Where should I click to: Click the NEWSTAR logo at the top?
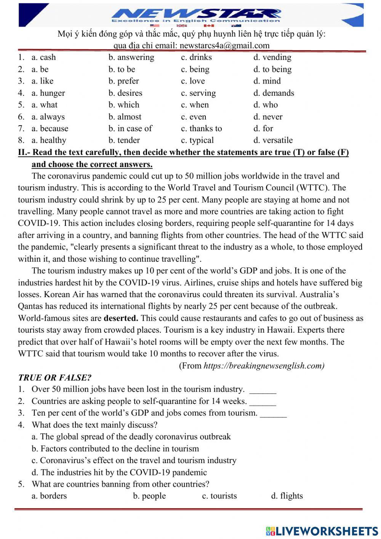[196, 14]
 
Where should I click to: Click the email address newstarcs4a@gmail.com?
[224, 45]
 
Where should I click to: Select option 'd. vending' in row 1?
[272, 57]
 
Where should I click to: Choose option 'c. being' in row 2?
[195, 69]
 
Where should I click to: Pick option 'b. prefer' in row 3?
[123, 81]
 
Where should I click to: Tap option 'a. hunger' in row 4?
[48, 93]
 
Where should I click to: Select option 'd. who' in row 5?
[266, 105]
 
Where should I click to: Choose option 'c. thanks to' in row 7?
[201, 129]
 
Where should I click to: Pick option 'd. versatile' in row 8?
[273, 140]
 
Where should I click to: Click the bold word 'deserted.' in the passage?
[121, 318]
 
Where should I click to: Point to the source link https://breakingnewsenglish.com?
[264, 366]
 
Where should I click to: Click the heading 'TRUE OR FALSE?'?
[54, 378]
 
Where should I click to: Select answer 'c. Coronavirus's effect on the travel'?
[134, 460]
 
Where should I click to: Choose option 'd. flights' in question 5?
[287, 496]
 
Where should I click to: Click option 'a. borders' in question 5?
[49, 496]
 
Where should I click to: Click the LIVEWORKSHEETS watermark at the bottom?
[322, 531]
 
